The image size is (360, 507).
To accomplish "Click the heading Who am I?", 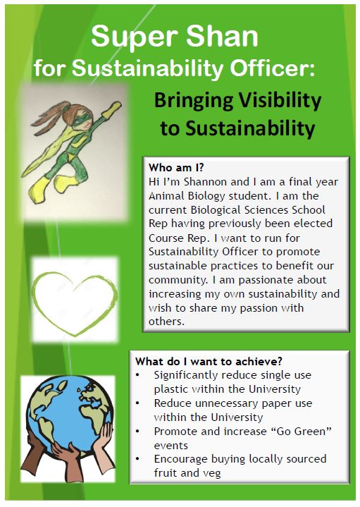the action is point(176,168).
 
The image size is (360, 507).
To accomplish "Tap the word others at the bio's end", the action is point(166,322).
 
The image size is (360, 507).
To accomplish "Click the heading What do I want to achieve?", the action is point(209,361).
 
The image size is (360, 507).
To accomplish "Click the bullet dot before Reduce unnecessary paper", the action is point(137,403).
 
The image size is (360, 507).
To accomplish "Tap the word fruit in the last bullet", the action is point(166,473).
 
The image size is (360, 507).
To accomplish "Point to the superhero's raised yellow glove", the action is point(112,109).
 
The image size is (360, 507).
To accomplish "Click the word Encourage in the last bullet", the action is point(181,459).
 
